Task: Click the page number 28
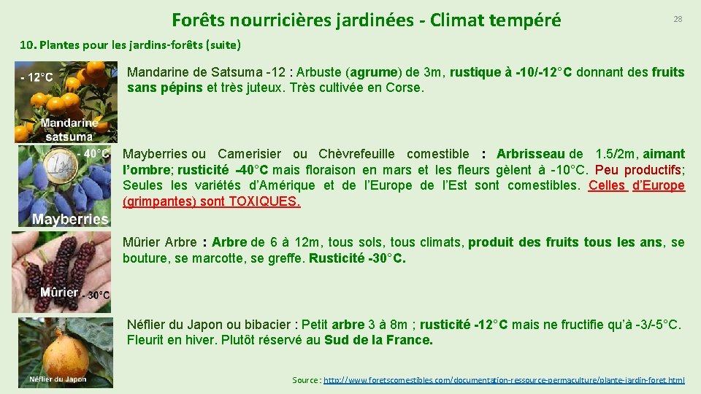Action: [x=678, y=19]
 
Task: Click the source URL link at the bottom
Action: [x=504, y=380]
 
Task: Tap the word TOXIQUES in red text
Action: [x=264, y=201]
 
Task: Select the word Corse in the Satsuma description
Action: [x=405, y=88]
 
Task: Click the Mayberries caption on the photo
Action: [x=70, y=219]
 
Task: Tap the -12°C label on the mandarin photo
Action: [x=37, y=77]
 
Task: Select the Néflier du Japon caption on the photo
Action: [x=58, y=379]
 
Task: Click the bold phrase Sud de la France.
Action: [x=378, y=340]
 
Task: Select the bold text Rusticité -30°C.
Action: [x=357, y=258]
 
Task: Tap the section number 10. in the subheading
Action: [x=28, y=45]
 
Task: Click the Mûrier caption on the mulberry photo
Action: [x=58, y=293]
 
